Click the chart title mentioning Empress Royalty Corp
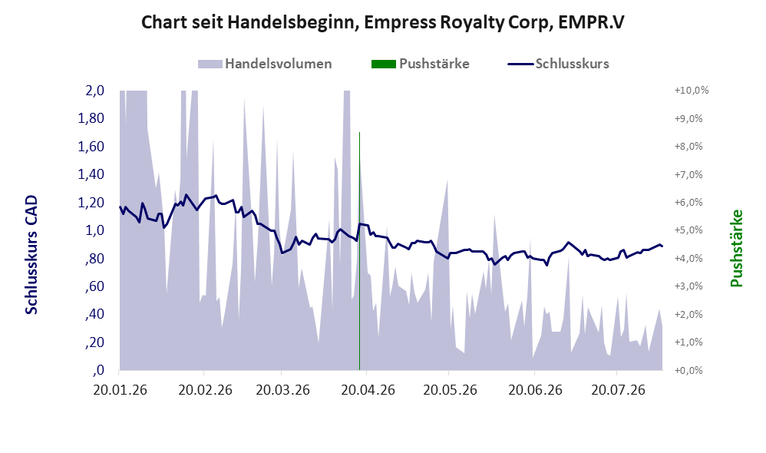[382, 22]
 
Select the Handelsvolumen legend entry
[265, 64]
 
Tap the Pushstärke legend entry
[420, 64]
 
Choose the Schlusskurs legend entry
[558, 64]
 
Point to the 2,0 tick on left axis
[94, 91]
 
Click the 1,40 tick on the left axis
[91, 174]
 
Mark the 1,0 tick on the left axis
[94, 230]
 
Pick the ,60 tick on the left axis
[94, 286]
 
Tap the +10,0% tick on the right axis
[692, 91]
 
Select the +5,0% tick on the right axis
[688, 230]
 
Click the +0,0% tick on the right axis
[688, 370]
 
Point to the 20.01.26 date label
[120, 391]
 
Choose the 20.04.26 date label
[368, 391]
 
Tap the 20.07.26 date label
[618, 391]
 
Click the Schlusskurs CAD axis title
[31, 255]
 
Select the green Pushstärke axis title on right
[736, 248]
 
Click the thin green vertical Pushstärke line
[359, 251]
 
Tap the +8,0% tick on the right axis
[688, 146]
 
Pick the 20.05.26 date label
[450, 391]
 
